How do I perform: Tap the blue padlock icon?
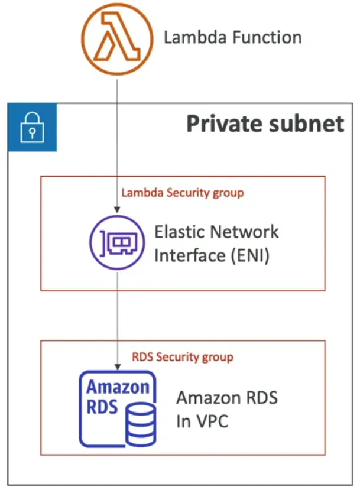tap(32, 127)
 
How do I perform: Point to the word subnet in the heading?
tap(307, 124)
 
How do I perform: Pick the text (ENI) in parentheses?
tap(246, 257)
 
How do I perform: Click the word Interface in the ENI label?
tap(187, 257)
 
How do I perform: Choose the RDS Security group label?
tap(182, 357)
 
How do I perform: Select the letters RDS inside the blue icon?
tap(102, 407)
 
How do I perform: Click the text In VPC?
tap(202, 423)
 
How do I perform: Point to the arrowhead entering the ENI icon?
tap(118, 210)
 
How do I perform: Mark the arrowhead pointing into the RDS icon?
tap(118, 366)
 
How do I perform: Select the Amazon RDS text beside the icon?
tap(226, 398)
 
